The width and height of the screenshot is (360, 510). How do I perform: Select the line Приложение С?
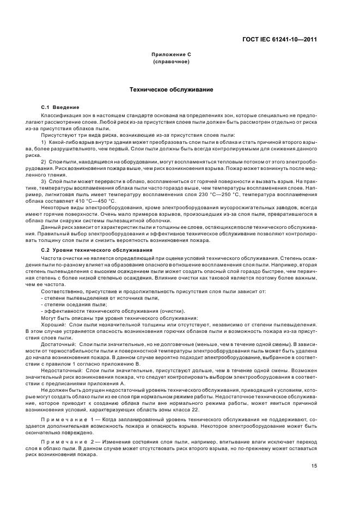(x=171, y=55)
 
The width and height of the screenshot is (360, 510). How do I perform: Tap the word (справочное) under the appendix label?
(x=171, y=62)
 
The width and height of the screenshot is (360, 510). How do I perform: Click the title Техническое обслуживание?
(x=170, y=89)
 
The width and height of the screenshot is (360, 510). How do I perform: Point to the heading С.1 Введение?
(x=60, y=107)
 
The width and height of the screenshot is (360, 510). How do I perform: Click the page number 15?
(x=314, y=465)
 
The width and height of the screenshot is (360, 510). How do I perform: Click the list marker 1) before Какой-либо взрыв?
(x=44, y=142)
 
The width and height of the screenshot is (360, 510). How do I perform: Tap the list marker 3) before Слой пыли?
(x=44, y=181)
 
